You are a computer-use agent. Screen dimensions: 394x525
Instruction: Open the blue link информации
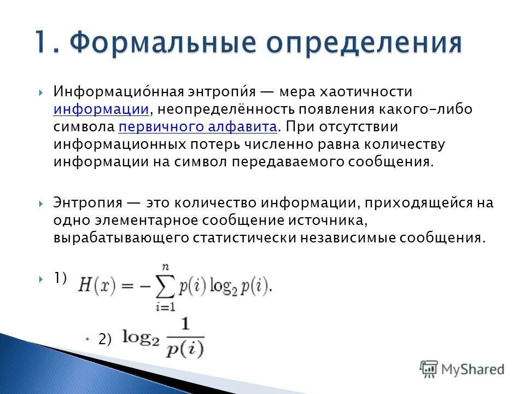tap(101, 109)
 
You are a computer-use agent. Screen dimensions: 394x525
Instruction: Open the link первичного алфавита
tap(198, 128)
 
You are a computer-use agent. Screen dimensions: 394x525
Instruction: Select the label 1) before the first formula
tap(60, 278)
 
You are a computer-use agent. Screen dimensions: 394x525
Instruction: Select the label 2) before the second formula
tap(104, 339)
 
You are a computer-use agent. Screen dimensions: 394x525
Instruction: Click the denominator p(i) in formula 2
tap(185, 349)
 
